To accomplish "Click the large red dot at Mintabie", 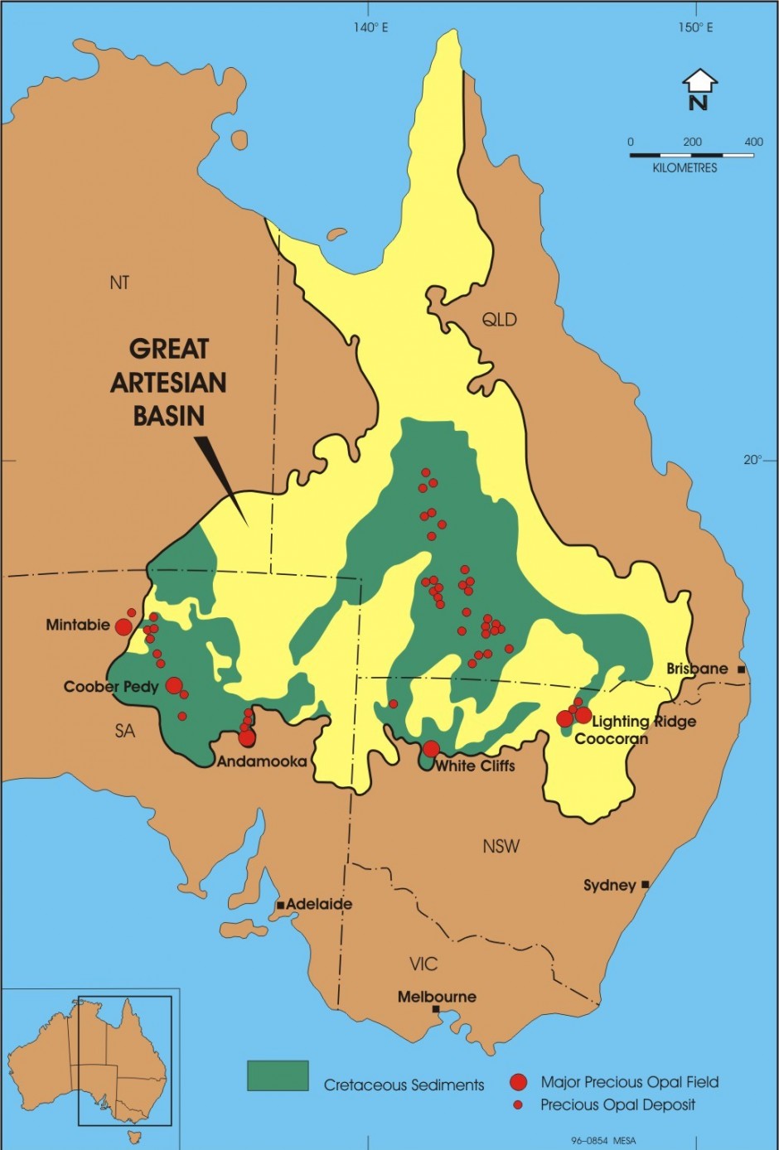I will click(x=123, y=626).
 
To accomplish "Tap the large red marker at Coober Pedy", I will click(x=174, y=685).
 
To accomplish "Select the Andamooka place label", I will click(x=261, y=761).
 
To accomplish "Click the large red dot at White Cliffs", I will click(x=431, y=749).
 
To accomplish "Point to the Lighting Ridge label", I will click(x=644, y=721).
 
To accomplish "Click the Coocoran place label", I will click(x=611, y=738).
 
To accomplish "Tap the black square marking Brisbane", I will click(x=741, y=669).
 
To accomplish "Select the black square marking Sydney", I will click(x=646, y=885).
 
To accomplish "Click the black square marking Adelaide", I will click(x=281, y=905).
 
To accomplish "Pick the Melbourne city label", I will click(x=437, y=997).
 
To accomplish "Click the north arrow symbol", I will click(x=699, y=89).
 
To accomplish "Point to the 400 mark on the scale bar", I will click(x=753, y=142).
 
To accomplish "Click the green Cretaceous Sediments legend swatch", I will click(x=278, y=1075).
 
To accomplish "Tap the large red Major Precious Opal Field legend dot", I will click(x=519, y=1082).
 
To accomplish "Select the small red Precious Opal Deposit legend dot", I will click(x=519, y=1105).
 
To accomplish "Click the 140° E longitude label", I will click(x=370, y=27).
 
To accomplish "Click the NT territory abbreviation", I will click(x=119, y=283).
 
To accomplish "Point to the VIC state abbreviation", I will click(x=423, y=964).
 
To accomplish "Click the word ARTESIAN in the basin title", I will click(x=168, y=382).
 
